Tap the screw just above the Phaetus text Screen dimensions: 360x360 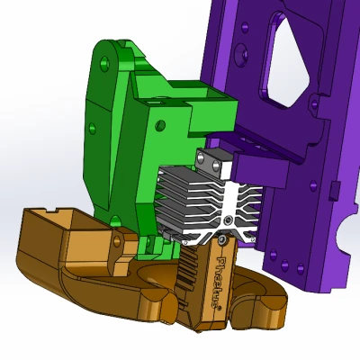point(221,240)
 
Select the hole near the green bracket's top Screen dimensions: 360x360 point(107,63)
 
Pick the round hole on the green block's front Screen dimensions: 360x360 point(160,125)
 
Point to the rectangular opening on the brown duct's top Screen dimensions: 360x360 point(49,217)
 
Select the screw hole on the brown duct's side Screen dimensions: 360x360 point(115,240)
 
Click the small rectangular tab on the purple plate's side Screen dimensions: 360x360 point(333,189)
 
